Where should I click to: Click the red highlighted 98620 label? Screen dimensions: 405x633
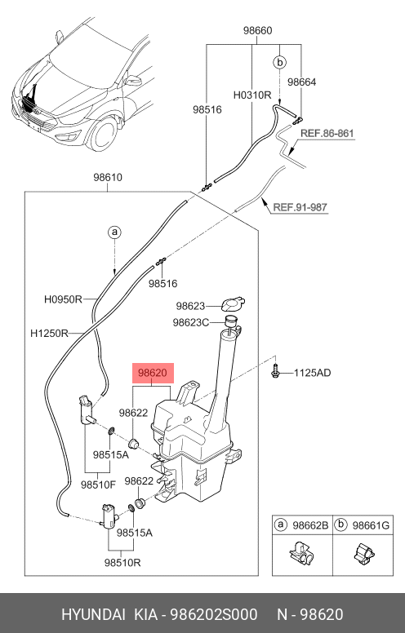coord(154,373)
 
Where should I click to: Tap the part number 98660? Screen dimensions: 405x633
coord(257,31)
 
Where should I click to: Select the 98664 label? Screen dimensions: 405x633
coord(301,82)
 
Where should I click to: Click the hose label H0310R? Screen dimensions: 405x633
coord(252,95)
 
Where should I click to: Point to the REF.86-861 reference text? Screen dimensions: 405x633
coord(327,133)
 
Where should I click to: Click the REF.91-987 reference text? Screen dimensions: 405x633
coord(300,207)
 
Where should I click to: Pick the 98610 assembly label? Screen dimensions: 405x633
coord(108,177)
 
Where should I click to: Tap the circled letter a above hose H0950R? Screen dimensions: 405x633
coord(115,232)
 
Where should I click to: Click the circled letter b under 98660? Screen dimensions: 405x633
coord(279,63)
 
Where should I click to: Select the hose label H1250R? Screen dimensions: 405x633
coord(49,334)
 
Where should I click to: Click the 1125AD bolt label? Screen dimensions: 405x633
coord(312,373)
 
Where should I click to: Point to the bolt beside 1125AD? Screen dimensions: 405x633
coord(275,371)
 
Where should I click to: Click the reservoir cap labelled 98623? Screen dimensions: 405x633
coord(234,304)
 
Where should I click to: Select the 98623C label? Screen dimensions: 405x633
coord(191,322)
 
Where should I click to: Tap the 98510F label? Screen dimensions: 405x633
coord(98,485)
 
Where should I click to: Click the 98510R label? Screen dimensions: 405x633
coord(122,562)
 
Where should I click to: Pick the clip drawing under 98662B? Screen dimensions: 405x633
coord(301,553)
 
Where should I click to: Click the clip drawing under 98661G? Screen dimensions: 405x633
coord(364,553)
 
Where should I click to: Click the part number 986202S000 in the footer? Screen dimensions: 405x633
coord(213,614)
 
